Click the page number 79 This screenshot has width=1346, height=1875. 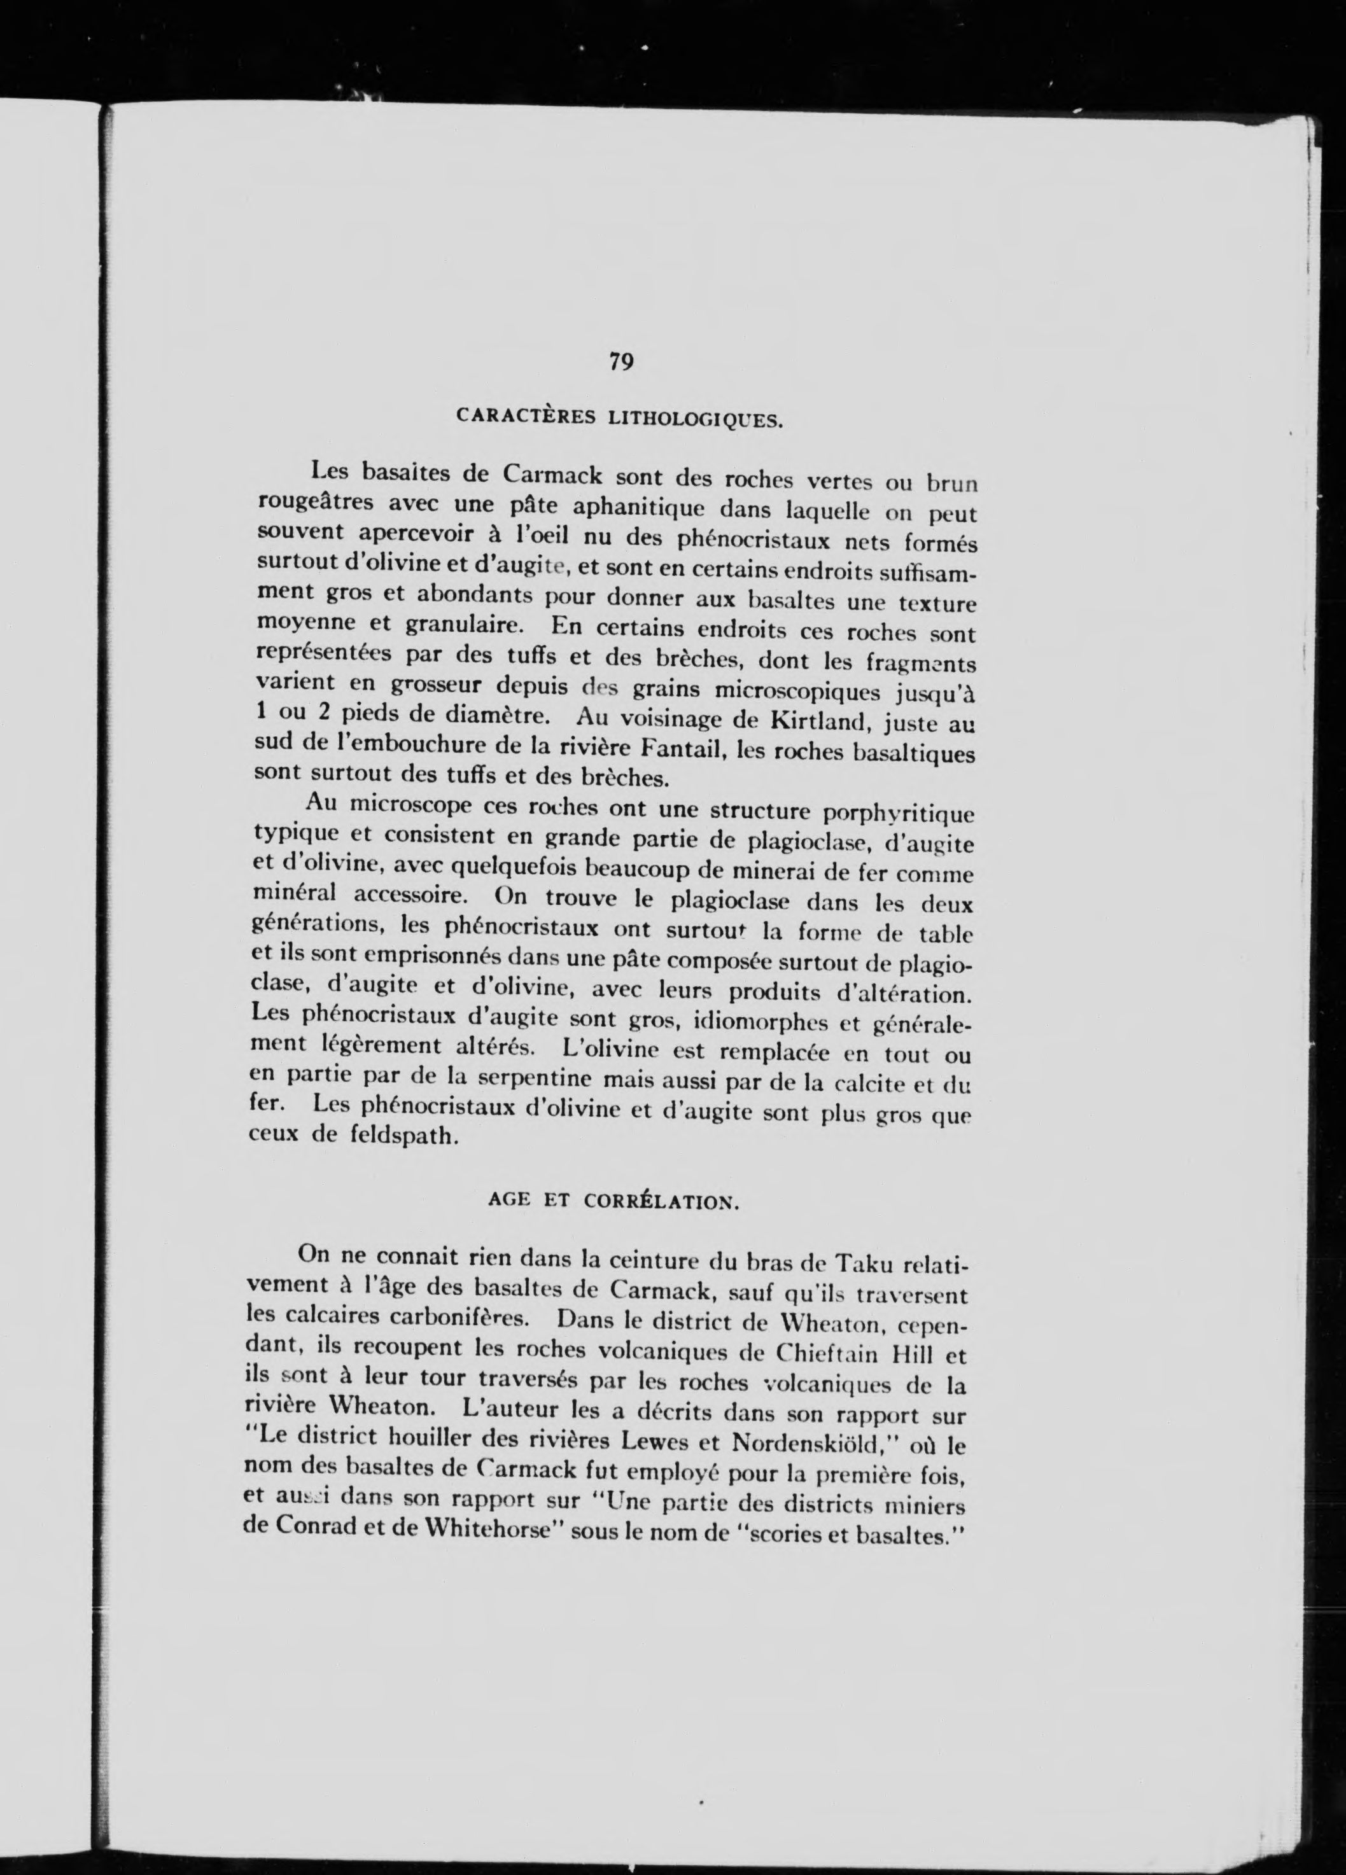click(x=621, y=361)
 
